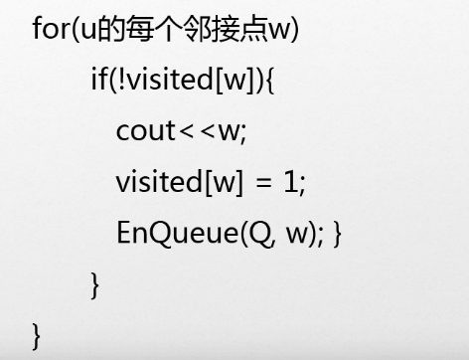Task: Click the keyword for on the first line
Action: [x=50, y=28]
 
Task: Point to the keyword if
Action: [x=98, y=80]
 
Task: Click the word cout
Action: [x=145, y=131]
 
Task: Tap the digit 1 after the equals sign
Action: [x=291, y=182]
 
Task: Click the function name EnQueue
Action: [x=174, y=234]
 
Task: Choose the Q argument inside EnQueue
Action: [x=258, y=234]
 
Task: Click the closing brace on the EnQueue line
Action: [x=339, y=235]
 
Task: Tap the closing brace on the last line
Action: [x=38, y=334]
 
